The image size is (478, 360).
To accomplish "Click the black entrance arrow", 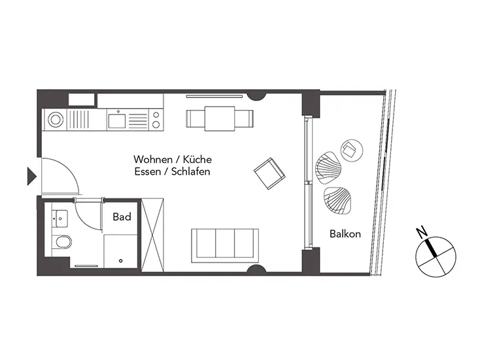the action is (x=31, y=176).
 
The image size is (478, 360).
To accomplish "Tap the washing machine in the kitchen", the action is (x=55, y=119).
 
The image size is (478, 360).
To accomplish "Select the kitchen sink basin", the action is (x=116, y=120).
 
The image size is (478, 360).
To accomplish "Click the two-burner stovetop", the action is (x=156, y=120).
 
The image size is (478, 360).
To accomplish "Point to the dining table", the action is (x=220, y=118).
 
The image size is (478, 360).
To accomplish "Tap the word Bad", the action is (x=122, y=217).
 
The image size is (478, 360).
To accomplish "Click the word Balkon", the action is (x=345, y=234).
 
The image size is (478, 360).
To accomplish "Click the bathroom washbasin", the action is (x=60, y=219).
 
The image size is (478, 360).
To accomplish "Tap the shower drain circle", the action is (x=121, y=261).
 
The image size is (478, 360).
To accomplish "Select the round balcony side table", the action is (x=352, y=151).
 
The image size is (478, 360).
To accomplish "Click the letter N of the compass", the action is (x=422, y=232).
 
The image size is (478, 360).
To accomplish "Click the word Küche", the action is (x=197, y=159).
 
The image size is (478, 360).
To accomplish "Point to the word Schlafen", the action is (x=190, y=171).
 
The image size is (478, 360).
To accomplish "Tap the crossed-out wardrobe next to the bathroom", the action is (x=153, y=235).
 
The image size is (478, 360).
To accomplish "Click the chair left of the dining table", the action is (x=196, y=119).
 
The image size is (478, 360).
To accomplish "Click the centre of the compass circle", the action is (x=436, y=257).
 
